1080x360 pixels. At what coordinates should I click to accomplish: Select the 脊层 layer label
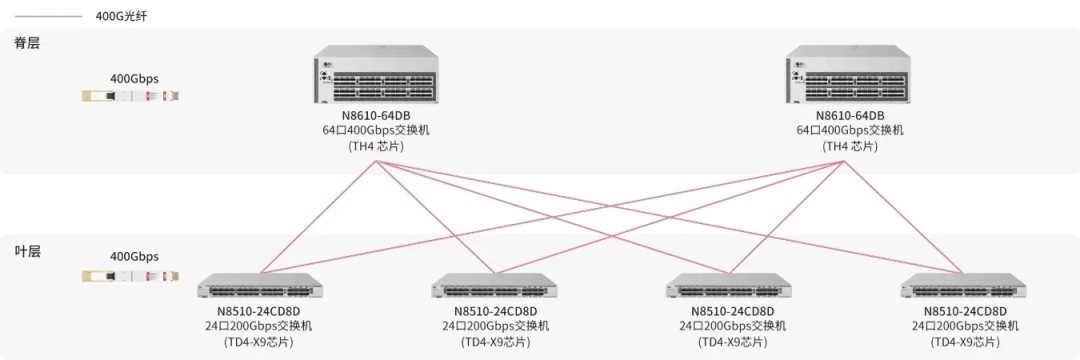(28, 43)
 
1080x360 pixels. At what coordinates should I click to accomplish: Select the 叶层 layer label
(28, 251)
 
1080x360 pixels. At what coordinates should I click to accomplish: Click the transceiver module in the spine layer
(131, 95)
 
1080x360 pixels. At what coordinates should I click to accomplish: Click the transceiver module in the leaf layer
(131, 275)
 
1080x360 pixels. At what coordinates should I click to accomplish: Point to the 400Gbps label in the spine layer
(134, 78)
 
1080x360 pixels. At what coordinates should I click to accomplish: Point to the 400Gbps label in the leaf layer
(134, 257)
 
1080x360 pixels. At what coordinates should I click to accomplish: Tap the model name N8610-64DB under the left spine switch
(375, 116)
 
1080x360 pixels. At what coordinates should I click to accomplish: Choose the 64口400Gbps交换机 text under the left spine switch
(375, 131)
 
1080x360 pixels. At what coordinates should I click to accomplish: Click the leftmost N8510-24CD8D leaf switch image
(258, 285)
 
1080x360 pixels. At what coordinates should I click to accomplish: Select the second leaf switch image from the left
(494, 285)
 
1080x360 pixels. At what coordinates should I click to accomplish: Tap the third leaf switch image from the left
(729, 285)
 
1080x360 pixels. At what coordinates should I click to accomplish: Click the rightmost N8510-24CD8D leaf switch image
(964, 285)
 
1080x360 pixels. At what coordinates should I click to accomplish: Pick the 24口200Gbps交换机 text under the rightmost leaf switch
(965, 326)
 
